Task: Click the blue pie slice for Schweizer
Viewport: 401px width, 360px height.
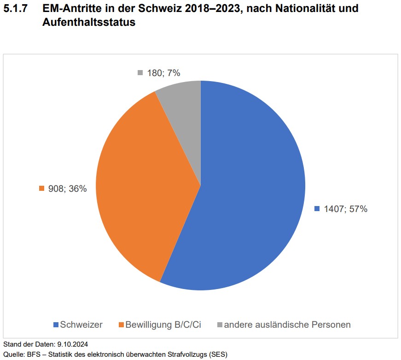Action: pyautogui.click(x=249, y=194)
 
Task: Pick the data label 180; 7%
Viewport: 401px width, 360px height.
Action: pyautogui.click(x=163, y=72)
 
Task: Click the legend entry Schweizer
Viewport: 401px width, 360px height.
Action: pyautogui.click(x=81, y=325)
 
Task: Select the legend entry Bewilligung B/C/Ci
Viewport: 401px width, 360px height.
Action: pyautogui.click(x=163, y=325)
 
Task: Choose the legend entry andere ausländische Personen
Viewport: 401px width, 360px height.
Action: pyautogui.click(x=287, y=325)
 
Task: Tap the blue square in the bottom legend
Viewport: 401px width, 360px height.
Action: pyautogui.click(x=56, y=325)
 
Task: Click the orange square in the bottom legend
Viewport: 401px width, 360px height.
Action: pyautogui.click(x=122, y=325)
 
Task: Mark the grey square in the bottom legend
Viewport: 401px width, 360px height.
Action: pyautogui.click(x=220, y=325)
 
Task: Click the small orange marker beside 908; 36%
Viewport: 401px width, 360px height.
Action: pyautogui.click(x=41, y=189)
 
